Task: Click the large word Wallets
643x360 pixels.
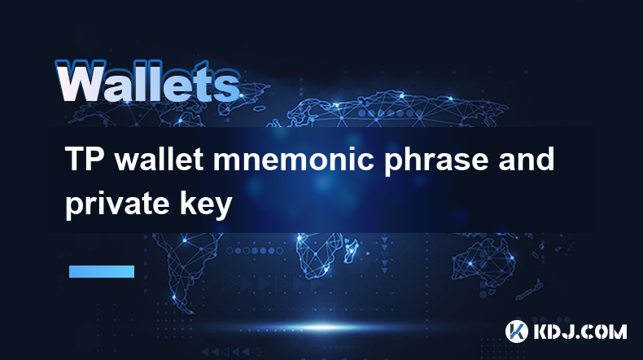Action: [147, 81]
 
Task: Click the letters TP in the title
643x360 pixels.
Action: [85, 160]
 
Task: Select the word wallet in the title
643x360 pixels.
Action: [159, 160]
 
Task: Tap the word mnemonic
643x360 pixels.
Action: [293, 160]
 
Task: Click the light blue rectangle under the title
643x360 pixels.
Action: [102, 271]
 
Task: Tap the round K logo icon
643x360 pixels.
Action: [516, 331]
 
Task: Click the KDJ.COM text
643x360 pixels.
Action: [580, 331]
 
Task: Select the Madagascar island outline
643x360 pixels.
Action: [351, 250]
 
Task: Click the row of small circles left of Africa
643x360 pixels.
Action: [255, 250]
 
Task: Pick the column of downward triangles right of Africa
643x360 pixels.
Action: [384, 254]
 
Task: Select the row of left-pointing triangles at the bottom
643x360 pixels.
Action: [230, 352]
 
